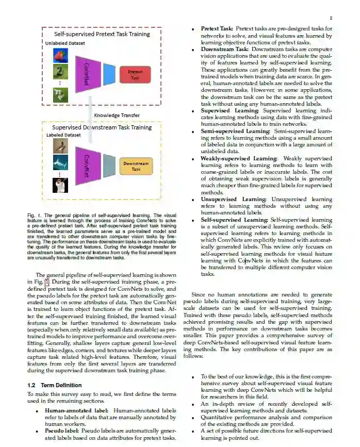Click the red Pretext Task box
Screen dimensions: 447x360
click(135, 75)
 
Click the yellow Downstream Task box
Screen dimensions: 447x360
click(136, 166)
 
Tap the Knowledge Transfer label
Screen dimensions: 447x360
click(117, 115)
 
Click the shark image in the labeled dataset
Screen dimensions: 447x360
click(60, 164)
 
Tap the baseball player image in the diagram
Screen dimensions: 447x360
click(60, 185)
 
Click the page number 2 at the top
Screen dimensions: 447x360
click(331, 18)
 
